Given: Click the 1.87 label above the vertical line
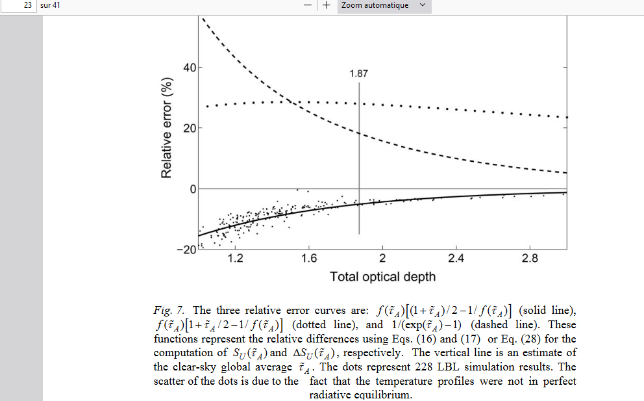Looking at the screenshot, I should [x=358, y=73].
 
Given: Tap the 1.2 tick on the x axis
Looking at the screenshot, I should [x=236, y=259].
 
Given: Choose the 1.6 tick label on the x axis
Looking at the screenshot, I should [x=309, y=259].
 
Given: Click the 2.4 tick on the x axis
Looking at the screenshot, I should [x=456, y=259].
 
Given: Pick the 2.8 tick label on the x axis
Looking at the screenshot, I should [x=530, y=259].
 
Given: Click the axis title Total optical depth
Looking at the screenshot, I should [x=382, y=277].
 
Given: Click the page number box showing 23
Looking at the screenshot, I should [x=19, y=6].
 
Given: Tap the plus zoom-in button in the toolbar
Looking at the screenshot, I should [x=325, y=5].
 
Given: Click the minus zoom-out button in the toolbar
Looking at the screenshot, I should [x=306, y=5].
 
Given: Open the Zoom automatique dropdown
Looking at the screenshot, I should [x=384, y=5].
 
